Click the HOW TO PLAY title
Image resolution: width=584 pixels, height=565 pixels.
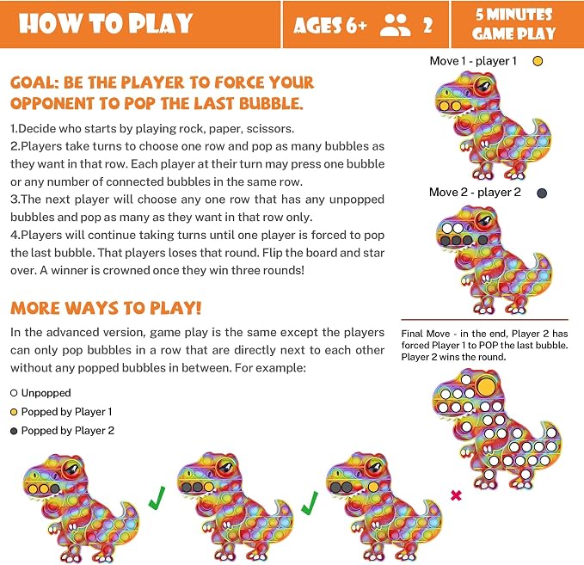tap(106, 24)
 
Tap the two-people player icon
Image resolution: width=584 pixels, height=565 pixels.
tap(395, 25)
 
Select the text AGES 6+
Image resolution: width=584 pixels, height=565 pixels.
tap(330, 26)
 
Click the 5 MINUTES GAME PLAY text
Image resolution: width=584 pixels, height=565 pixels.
tap(514, 24)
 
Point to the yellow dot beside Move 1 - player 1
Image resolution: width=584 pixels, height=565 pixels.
tap(538, 61)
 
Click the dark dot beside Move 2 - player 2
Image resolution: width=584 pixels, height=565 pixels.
tap(542, 193)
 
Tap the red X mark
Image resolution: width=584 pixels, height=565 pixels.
tap(456, 495)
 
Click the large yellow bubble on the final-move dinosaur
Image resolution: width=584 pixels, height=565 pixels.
tap(486, 387)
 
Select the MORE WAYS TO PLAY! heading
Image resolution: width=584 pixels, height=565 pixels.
tap(106, 309)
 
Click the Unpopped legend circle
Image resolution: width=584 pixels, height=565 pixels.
tap(14, 393)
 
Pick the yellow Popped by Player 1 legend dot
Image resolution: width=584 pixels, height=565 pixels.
tap(14, 412)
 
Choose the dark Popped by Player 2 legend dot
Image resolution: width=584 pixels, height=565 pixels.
tap(14, 431)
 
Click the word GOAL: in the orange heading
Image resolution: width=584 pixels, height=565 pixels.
tap(34, 83)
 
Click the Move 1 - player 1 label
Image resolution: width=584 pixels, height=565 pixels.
tap(473, 61)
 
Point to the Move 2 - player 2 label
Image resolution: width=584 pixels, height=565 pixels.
tap(475, 193)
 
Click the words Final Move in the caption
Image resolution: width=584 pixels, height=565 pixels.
tap(426, 334)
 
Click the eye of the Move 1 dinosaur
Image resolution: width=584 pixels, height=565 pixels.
tap(483, 87)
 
